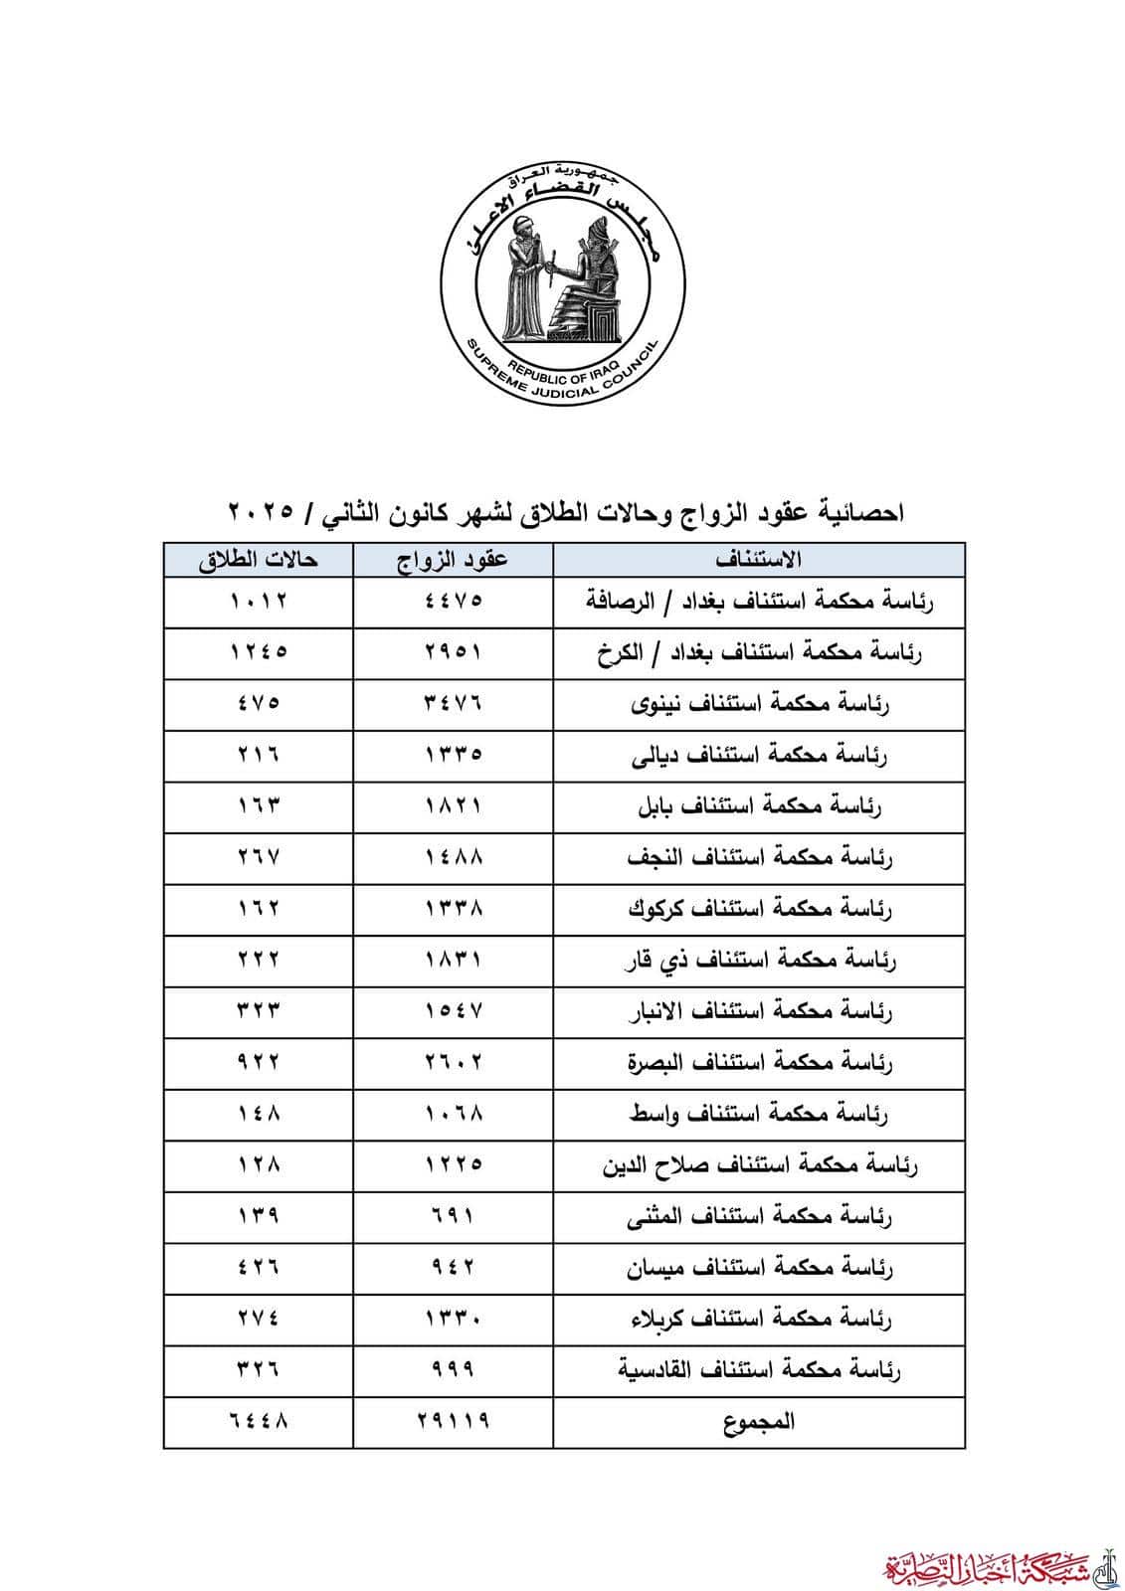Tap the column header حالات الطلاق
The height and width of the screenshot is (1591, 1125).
[258, 560]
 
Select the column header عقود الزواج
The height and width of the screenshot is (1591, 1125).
[454, 560]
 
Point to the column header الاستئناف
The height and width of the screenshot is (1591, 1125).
[759, 560]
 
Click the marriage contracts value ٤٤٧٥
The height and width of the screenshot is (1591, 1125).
[454, 602]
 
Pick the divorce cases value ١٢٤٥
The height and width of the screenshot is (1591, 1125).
[259, 652]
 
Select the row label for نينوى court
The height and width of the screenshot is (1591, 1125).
[760, 704]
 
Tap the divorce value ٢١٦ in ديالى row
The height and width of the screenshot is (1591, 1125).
[259, 755]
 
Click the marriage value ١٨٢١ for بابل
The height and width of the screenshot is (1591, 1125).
[454, 806]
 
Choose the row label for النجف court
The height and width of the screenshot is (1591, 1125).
[760, 857]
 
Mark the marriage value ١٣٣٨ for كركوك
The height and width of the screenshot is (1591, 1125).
[454, 909]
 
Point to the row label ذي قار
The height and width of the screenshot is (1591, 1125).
[760, 961]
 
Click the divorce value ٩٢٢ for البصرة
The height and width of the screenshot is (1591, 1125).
[259, 1063]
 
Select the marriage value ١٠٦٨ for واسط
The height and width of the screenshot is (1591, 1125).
[454, 1114]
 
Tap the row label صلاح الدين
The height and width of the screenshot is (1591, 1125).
[760, 1165]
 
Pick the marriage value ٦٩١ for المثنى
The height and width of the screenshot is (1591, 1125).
[454, 1216]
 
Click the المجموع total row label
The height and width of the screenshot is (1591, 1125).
[760, 1422]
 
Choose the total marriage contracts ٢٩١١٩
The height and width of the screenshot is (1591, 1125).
[454, 1422]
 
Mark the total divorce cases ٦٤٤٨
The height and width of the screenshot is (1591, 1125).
[259, 1422]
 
